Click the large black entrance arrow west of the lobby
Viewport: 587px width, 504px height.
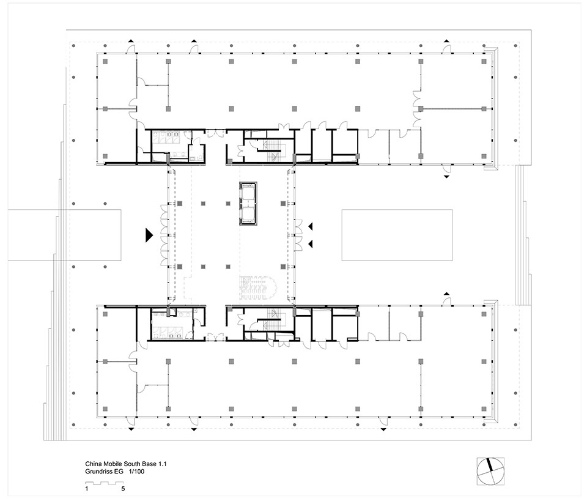(x=149, y=235)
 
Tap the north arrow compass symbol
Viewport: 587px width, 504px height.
(x=490, y=471)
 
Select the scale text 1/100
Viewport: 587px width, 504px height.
(x=136, y=472)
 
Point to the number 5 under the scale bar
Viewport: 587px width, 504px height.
(x=123, y=489)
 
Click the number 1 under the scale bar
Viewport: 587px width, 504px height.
(x=87, y=489)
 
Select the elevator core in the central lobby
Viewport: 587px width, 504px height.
(x=248, y=203)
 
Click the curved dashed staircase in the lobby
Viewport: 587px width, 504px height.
(x=257, y=287)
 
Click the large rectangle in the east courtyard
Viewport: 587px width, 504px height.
(x=397, y=235)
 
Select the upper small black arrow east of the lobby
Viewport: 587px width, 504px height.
(x=311, y=226)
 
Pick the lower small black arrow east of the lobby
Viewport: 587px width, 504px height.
(x=311, y=244)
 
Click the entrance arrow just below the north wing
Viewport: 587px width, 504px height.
(x=446, y=176)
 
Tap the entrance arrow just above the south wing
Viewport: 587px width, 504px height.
(x=446, y=294)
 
